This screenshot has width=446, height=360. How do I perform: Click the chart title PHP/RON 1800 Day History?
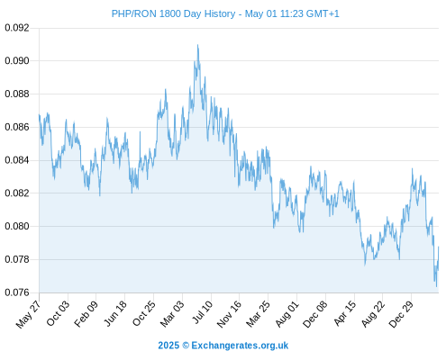[173, 13]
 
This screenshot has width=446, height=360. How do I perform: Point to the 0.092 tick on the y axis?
[17, 28]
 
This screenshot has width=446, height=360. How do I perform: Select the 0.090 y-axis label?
[17, 61]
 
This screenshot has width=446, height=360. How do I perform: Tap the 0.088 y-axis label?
[17, 94]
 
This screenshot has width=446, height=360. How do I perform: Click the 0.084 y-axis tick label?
[17, 160]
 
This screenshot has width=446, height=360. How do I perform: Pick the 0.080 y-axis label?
[17, 226]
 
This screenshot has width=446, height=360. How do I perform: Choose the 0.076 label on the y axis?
[17, 292]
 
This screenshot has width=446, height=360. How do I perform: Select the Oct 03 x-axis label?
[58, 313]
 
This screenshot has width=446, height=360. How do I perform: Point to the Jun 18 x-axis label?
[115, 313]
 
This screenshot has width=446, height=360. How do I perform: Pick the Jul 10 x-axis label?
[203, 312]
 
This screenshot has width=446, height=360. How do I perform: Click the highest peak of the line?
[197, 45]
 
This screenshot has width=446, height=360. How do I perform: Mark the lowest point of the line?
[436, 286]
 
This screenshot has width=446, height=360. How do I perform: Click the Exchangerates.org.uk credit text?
[240, 346]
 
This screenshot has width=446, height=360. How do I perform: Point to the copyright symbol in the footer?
[186, 346]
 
